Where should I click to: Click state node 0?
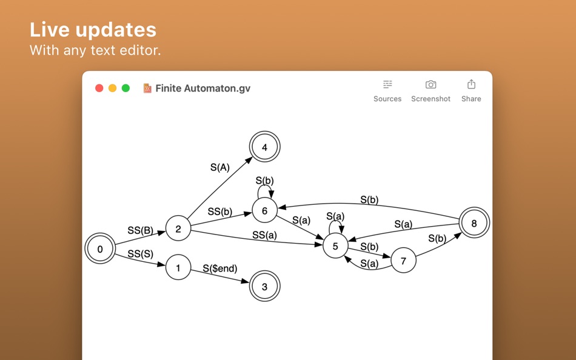[x=100, y=248]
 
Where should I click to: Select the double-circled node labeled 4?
[x=264, y=147]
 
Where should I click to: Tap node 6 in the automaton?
[x=264, y=211]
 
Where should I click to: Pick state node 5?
[x=335, y=245]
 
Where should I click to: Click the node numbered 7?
[x=403, y=261]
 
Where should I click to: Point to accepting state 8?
[x=474, y=223]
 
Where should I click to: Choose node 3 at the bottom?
[x=264, y=287]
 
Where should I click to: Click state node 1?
[x=178, y=267]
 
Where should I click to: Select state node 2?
[x=178, y=228]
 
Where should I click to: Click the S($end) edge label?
[x=220, y=268]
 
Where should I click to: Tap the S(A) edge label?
[x=220, y=168]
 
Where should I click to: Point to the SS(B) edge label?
[x=140, y=230]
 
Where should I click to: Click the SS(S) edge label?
[x=140, y=254]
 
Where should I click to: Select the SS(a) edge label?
[x=264, y=235]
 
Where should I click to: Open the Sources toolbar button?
[x=387, y=91]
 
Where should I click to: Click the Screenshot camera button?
[x=430, y=91]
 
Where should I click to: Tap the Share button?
[x=471, y=91]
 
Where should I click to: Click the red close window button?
[x=99, y=88]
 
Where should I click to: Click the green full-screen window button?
[x=126, y=88]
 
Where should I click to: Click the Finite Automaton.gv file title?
[x=203, y=88]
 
